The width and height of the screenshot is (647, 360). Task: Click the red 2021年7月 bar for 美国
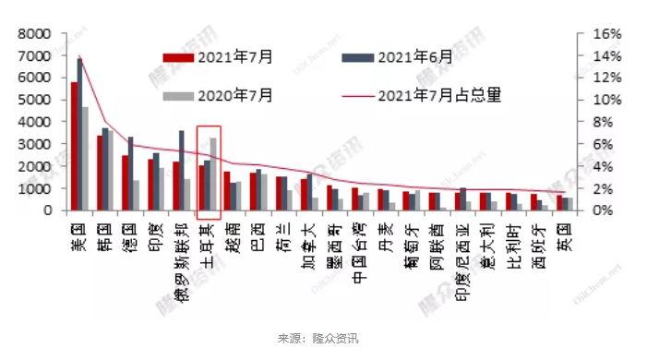tap(74, 146)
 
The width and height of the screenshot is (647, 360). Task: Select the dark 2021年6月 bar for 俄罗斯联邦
tap(182, 171)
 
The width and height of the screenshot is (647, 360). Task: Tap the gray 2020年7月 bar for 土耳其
tap(214, 174)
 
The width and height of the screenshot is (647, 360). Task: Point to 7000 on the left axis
tap(34, 55)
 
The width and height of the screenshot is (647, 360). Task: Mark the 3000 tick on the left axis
tap(34, 144)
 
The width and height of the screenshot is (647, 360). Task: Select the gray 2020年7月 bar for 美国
tap(85, 159)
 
